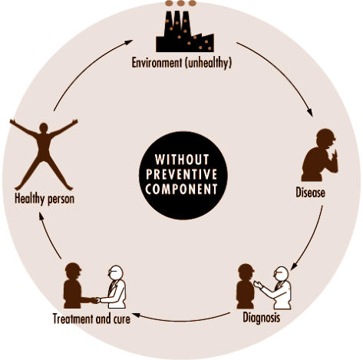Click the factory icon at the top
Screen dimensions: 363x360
(185, 31)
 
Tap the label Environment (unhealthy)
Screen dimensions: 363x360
(182, 63)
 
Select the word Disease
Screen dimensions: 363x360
(310, 193)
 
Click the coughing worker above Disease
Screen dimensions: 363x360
(320, 155)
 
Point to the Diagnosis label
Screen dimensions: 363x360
(261, 318)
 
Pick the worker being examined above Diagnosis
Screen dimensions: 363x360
(246, 286)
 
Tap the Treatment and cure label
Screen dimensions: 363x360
(91, 319)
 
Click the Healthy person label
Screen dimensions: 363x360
(45, 199)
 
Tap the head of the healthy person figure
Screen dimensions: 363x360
(44, 127)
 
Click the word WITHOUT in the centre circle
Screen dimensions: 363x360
(182, 160)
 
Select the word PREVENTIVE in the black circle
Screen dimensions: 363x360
(182, 174)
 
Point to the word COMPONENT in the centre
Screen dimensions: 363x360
(181, 189)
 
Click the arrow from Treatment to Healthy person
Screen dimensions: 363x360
(48, 236)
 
